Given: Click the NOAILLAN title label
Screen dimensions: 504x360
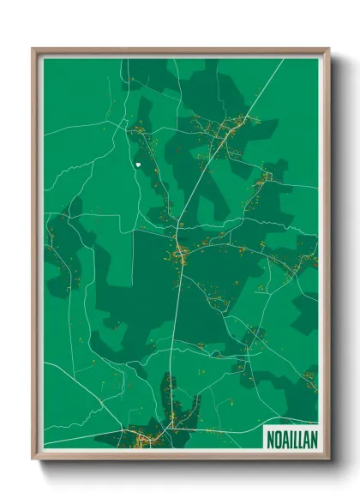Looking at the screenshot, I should tap(291, 435).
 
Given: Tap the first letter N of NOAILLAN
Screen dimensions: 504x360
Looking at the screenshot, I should tap(271, 435).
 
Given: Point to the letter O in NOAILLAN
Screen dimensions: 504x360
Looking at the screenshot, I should tap(278, 435).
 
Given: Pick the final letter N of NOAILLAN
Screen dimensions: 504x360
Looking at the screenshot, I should tap(310, 435).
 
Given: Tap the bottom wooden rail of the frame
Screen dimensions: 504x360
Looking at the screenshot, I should tap(180, 455).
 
